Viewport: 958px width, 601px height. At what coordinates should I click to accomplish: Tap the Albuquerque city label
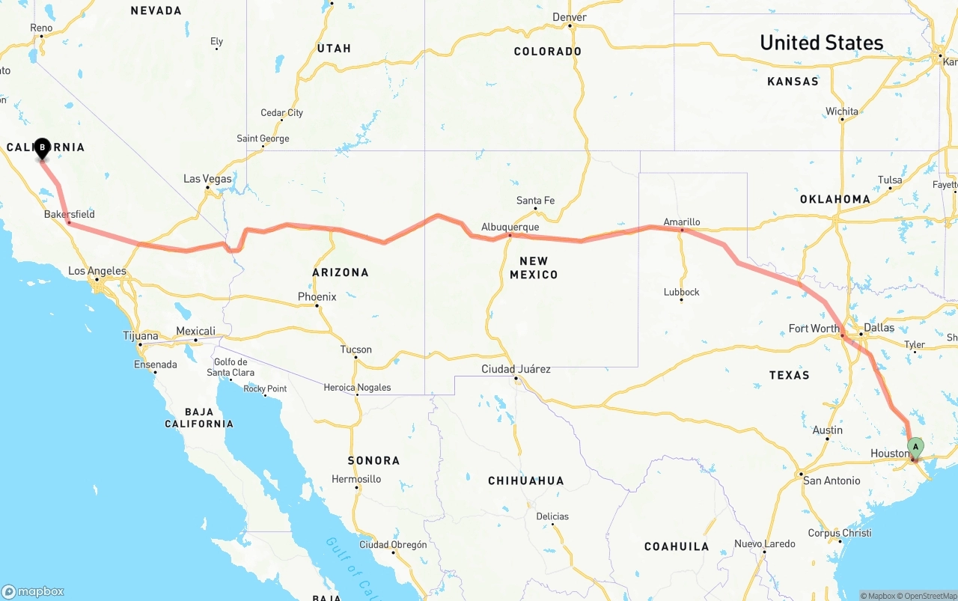pyautogui.click(x=510, y=227)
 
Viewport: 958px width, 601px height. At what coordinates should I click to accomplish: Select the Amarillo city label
pyautogui.click(x=682, y=222)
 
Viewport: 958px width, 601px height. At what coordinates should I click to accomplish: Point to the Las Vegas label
pyautogui.click(x=207, y=179)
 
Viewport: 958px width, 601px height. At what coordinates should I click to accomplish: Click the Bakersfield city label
pyautogui.click(x=70, y=214)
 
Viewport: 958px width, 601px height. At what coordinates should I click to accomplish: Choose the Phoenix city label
pyautogui.click(x=317, y=296)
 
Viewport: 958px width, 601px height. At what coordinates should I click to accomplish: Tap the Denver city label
pyautogui.click(x=570, y=17)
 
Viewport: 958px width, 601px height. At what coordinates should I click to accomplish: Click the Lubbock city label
pyautogui.click(x=681, y=292)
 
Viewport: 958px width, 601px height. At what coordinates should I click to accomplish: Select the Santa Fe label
pyautogui.click(x=535, y=201)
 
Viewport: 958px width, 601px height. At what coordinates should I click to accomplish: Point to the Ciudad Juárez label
pyautogui.click(x=516, y=369)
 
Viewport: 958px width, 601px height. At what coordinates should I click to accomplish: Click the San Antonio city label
pyautogui.click(x=832, y=481)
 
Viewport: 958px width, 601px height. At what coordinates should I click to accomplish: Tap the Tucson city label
pyautogui.click(x=356, y=350)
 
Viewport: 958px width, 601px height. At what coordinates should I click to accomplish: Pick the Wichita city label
pyautogui.click(x=842, y=112)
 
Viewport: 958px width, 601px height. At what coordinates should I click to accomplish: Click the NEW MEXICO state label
pyautogui.click(x=534, y=268)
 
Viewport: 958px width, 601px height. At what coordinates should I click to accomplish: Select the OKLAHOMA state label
pyautogui.click(x=835, y=199)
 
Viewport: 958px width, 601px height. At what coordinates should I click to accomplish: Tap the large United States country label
pyautogui.click(x=822, y=43)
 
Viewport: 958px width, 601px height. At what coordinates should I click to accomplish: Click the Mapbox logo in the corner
pyautogui.click(x=33, y=591)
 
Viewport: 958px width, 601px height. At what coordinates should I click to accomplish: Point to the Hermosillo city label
pyautogui.click(x=357, y=479)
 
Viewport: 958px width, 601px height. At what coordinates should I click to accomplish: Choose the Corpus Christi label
pyautogui.click(x=839, y=534)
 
